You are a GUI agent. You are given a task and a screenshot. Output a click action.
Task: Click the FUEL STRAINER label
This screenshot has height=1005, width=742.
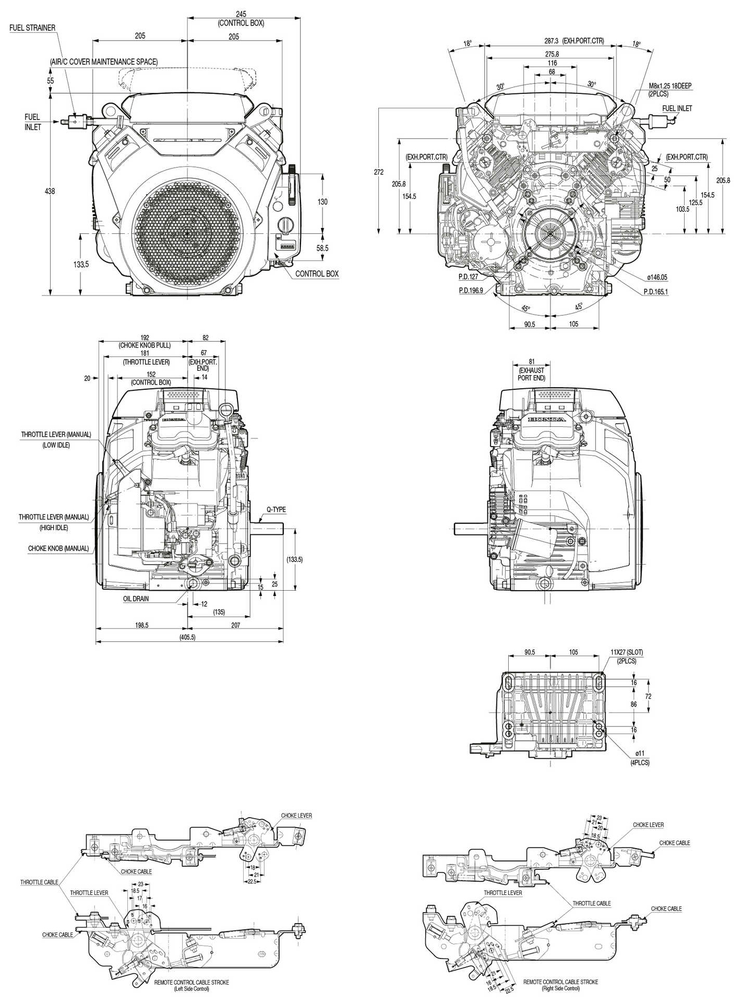(32, 28)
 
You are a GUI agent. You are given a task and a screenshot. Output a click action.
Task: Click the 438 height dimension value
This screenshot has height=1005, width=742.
(50, 192)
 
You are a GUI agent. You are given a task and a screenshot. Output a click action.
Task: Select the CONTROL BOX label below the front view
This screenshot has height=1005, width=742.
(317, 273)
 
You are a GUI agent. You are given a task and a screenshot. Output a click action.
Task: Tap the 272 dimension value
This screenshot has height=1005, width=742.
(379, 172)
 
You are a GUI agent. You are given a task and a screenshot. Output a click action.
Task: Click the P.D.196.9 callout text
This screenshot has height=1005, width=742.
(471, 291)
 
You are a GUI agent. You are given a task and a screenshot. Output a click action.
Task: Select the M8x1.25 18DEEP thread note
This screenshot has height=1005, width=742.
(671, 86)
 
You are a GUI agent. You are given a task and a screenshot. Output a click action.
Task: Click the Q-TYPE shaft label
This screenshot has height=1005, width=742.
(276, 510)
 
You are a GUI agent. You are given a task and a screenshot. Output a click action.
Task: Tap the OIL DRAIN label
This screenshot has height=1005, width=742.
(136, 599)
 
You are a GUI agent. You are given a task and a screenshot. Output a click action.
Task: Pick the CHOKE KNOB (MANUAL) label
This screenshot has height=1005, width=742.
(58, 549)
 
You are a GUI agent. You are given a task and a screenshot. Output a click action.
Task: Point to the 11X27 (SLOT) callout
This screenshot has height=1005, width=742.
(627, 652)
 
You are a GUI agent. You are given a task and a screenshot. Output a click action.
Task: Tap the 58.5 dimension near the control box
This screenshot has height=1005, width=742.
(322, 248)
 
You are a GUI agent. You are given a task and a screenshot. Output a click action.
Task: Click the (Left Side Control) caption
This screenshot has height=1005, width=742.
(192, 989)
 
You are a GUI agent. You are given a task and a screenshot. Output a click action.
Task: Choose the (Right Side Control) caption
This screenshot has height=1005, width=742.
(560, 988)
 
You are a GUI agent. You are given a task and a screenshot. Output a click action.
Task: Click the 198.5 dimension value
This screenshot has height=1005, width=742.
(141, 625)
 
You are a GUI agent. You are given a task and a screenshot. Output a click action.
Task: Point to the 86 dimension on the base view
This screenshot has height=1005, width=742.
(633, 704)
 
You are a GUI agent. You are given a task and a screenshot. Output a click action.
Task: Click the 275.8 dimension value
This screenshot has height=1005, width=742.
(552, 54)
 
